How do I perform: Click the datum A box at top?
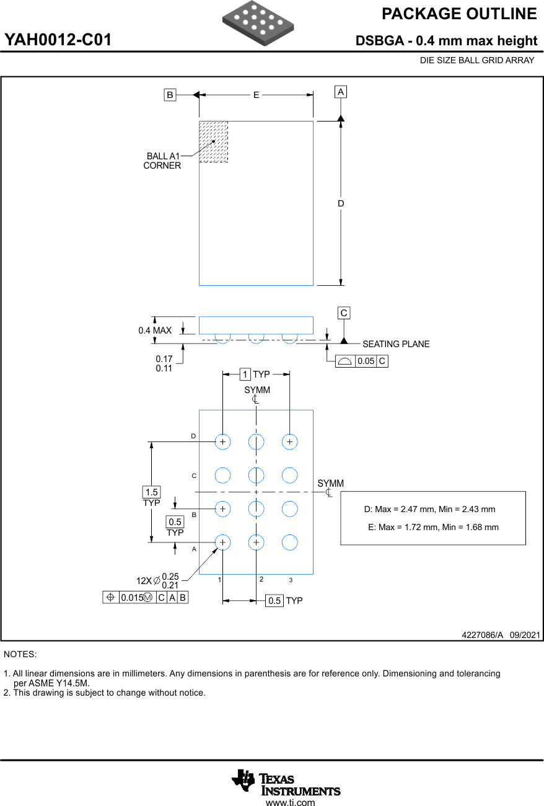coord(341,92)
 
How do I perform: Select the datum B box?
coord(170,95)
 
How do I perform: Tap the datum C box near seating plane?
coord(344,313)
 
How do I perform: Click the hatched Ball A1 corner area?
coord(213,142)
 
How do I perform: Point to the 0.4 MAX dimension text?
coord(155,330)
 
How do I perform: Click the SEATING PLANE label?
coord(396,344)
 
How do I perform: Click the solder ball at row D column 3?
coord(289,442)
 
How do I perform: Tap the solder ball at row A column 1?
coord(222,542)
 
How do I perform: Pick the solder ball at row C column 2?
coord(256,476)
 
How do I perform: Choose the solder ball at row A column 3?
coord(289,542)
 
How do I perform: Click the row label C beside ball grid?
coord(194,476)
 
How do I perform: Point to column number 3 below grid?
coord(291,580)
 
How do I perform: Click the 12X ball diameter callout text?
coord(157,581)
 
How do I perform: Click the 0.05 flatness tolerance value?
coord(366,361)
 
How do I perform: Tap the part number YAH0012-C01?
coord(58,40)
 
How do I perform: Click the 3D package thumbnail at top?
coord(258,23)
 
